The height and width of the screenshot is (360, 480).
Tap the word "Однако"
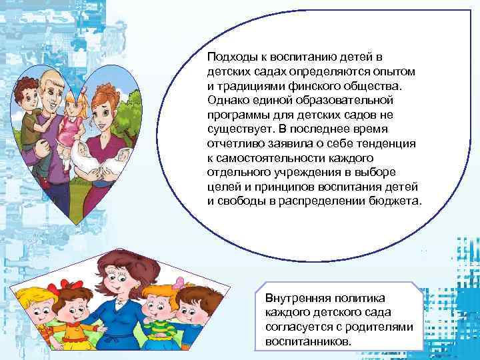pos(227,99)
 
